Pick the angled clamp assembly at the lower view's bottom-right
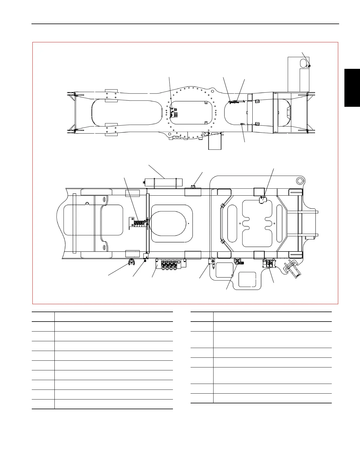(x=292, y=268)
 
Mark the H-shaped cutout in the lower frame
(x=257, y=224)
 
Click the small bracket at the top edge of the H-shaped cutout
(x=262, y=200)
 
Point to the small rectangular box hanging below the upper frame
(x=215, y=143)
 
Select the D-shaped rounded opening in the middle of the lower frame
(x=171, y=223)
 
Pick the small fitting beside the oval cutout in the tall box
(x=309, y=66)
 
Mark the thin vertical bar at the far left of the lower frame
(x=74, y=223)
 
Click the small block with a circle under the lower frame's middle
(x=211, y=262)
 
